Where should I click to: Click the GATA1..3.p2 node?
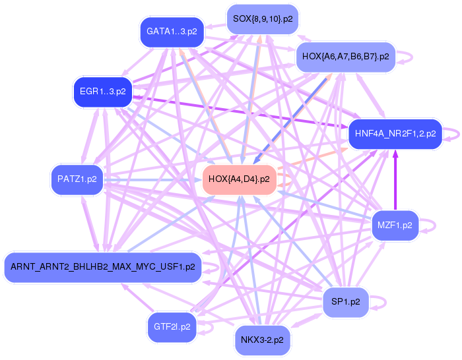pos(172,32)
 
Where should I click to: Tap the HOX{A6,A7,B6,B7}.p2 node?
pos(345,57)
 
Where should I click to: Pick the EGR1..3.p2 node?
pos(102,92)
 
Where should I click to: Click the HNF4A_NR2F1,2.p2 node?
pos(395,134)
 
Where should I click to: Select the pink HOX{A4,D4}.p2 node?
pos(238,179)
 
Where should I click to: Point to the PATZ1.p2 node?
pos(77,179)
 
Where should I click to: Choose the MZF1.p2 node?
pos(395,225)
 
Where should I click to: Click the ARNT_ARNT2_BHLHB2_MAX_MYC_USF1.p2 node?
pos(102,267)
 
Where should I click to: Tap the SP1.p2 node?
pos(345,302)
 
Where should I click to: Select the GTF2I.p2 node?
pos(172,326)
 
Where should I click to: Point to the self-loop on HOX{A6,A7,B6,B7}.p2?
pos(407,57)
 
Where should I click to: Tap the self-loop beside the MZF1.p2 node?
pos(430,225)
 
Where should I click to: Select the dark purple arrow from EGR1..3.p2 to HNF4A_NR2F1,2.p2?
pos(238,112)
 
